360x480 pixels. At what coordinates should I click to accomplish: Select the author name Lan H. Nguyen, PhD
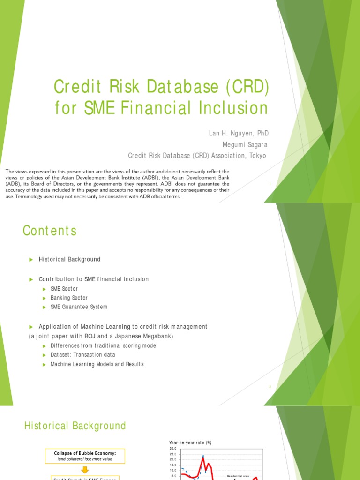point(239,134)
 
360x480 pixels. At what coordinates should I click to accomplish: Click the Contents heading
point(50,231)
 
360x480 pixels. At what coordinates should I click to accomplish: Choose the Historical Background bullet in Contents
point(69,259)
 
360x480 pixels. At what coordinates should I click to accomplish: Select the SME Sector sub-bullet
point(64,289)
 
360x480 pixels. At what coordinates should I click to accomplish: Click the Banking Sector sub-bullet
point(69,298)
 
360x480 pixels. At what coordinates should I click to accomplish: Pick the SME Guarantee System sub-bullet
point(79,307)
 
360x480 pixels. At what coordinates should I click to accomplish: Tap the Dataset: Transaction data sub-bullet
point(82,355)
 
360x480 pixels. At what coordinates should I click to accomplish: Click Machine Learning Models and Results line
point(97,364)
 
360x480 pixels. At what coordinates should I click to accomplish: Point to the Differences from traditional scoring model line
point(104,345)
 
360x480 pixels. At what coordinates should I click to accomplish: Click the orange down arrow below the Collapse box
point(85,469)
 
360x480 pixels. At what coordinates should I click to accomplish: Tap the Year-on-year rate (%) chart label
point(190,442)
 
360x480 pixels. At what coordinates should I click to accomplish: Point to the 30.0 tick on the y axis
point(172,449)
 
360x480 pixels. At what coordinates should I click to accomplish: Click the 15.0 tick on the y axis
point(172,465)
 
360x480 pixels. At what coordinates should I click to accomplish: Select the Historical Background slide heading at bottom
point(75,426)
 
